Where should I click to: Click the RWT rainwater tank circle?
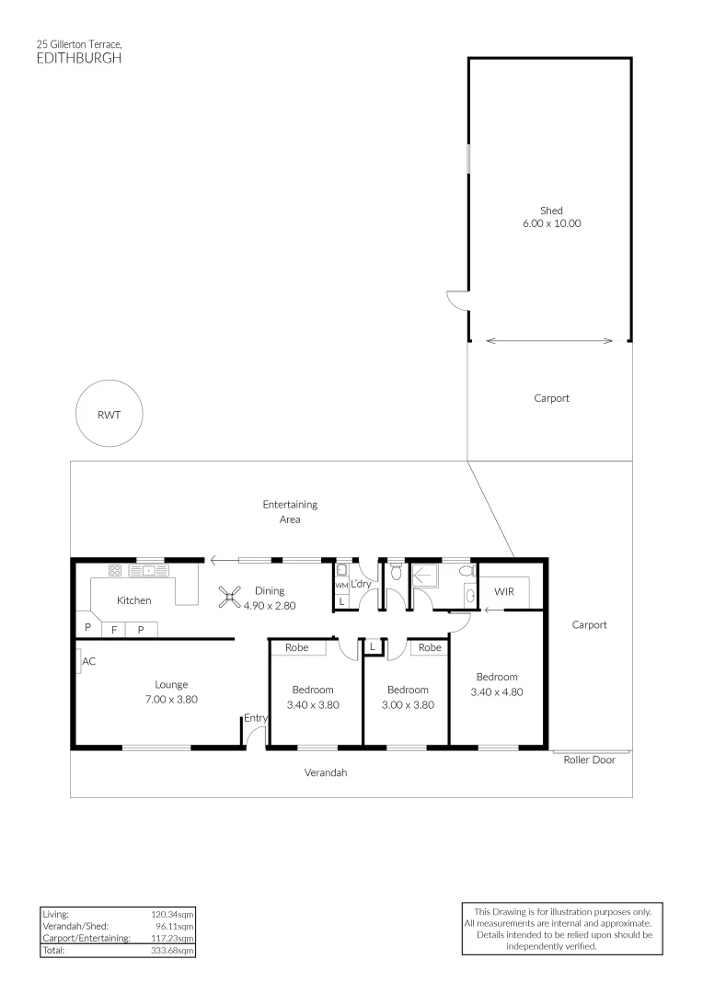(x=109, y=414)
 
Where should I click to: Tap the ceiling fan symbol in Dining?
(x=230, y=598)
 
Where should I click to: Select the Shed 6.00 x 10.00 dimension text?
(x=551, y=223)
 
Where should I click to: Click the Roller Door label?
(x=590, y=760)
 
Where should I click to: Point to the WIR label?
(x=503, y=591)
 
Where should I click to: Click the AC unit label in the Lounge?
(x=88, y=661)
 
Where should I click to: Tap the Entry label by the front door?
(x=255, y=718)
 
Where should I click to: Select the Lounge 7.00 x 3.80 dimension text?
(x=171, y=699)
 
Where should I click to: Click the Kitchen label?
(x=133, y=600)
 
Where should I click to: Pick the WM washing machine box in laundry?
(x=340, y=585)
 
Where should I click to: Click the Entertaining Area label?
(x=290, y=511)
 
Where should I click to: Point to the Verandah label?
(x=326, y=773)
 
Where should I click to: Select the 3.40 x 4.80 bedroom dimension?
(x=497, y=692)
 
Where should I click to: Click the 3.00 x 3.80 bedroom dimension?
(x=408, y=705)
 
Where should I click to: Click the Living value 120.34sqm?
(x=172, y=915)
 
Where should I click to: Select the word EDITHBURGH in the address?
(x=78, y=57)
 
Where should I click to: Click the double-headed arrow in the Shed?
(x=549, y=341)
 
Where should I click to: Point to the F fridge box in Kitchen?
(x=114, y=631)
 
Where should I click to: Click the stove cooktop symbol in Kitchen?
(x=116, y=570)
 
